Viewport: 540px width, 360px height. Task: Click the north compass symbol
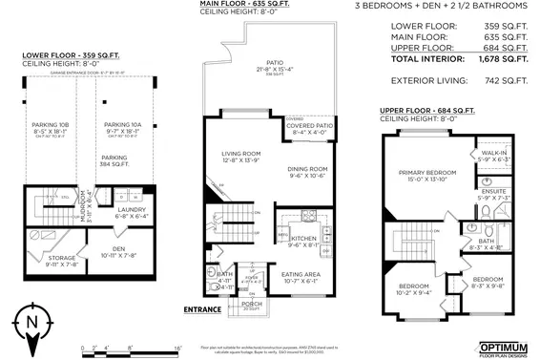coord(31,322)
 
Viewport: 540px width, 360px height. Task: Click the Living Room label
coord(240,153)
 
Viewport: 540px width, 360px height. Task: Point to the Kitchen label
coord(302,238)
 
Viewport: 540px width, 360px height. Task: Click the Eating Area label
coord(301,274)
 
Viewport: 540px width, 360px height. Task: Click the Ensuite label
coord(492,191)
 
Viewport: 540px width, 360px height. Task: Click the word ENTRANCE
coord(201,309)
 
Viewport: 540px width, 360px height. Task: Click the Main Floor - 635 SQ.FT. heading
coord(244,5)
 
